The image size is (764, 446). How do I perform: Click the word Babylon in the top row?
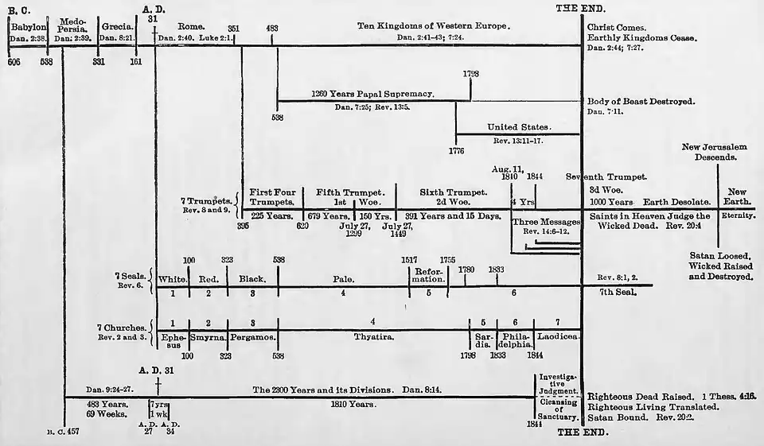(29, 27)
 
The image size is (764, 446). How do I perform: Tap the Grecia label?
(116, 27)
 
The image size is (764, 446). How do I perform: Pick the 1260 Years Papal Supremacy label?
(372, 94)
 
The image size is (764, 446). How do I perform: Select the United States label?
(520, 126)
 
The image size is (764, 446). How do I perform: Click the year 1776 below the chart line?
(456, 149)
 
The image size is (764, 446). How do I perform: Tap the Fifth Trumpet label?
(351, 192)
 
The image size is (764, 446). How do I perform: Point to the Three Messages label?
(545, 221)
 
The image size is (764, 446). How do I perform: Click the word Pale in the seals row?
(344, 279)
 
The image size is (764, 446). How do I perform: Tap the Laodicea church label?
(558, 337)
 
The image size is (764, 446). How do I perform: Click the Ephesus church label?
(173, 341)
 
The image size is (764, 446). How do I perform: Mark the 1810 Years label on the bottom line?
(351, 405)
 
